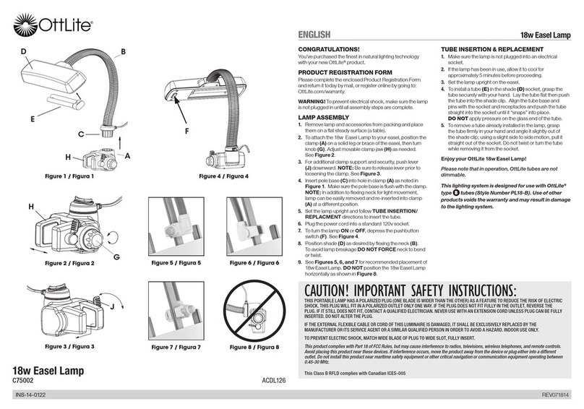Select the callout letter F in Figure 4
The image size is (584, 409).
pos(187,132)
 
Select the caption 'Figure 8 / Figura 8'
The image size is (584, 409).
pos(256,347)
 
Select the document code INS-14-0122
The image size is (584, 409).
pos(35,397)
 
